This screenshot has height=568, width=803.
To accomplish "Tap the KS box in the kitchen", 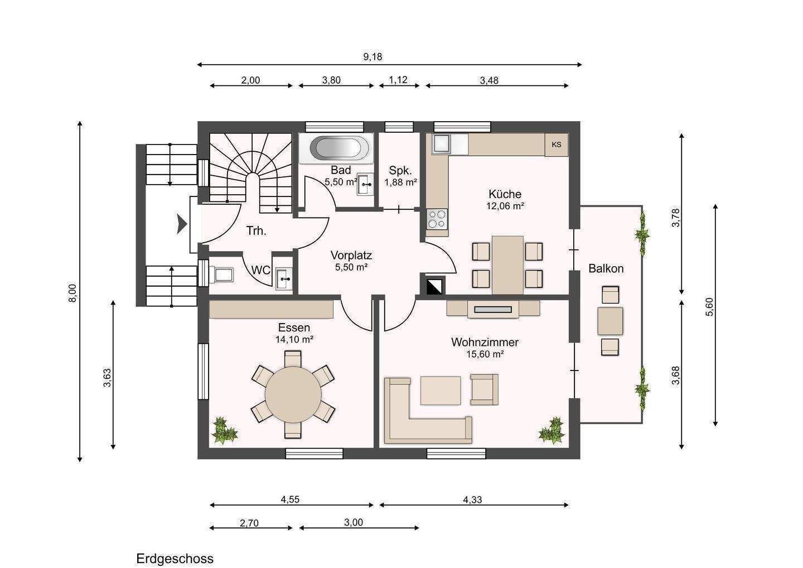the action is click(557, 145).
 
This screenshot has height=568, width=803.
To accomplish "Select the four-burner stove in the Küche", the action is click(437, 219).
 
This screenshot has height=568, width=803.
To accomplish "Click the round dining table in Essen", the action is click(293, 394).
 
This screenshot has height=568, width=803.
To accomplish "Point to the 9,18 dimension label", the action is click(373, 57).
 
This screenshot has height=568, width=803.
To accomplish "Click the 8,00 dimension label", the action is click(72, 293).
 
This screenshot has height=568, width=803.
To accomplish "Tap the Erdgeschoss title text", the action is click(175, 559).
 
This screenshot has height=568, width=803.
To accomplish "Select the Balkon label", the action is click(606, 268).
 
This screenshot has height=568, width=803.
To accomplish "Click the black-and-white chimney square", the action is click(435, 286).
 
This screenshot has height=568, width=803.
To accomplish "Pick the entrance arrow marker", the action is click(182, 224).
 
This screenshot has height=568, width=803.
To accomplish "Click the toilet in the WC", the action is click(222, 275).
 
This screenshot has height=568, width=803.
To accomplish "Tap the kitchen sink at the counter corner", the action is click(442, 144).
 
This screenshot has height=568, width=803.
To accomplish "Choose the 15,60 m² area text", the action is click(485, 354).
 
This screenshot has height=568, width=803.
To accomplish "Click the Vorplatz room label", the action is click(351, 256).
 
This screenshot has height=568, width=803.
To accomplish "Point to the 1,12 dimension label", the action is click(398, 80).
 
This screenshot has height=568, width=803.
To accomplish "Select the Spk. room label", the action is click(400, 170).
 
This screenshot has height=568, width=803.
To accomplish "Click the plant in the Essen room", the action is click(224, 431).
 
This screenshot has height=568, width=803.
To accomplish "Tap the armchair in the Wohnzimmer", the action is click(484, 389).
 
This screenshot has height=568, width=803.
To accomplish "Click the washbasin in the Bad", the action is click(365, 184).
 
